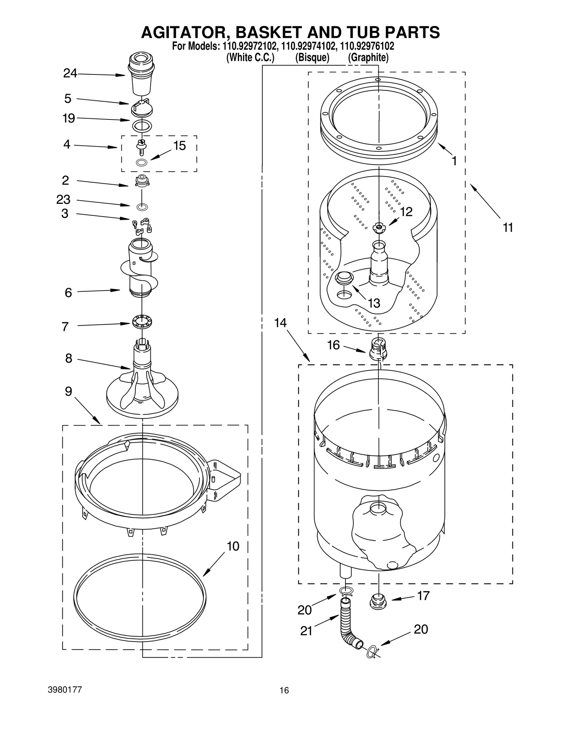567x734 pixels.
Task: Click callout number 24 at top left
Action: pyautogui.click(x=70, y=73)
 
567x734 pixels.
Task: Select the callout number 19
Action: pyautogui.click(x=69, y=118)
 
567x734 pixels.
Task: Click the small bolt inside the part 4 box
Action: pyautogui.click(x=142, y=146)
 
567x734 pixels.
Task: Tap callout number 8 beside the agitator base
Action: pyautogui.click(x=68, y=358)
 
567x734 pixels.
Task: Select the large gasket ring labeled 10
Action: pyautogui.click(x=140, y=600)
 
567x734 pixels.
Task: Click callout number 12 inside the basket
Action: pyautogui.click(x=406, y=212)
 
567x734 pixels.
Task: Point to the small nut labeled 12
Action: pyautogui.click(x=378, y=228)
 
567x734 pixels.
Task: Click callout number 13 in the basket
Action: pyautogui.click(x=374, y=303)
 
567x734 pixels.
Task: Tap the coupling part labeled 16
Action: pyautogui.click(x=378, y=349)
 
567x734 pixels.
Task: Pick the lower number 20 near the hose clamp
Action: pyautogui.click(x=421, y=629)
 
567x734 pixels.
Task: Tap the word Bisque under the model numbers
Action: pyautogui.click(x=312, y=57)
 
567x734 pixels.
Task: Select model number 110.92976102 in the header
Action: pyautogui.click(x=367, y=46)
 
